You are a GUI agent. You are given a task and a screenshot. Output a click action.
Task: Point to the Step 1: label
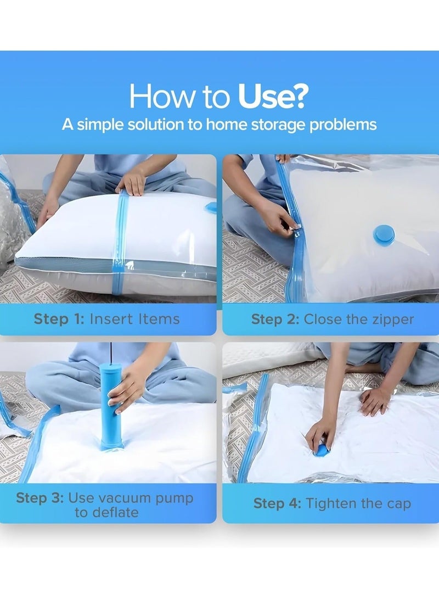59,318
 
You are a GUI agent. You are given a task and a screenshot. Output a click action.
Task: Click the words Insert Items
134,318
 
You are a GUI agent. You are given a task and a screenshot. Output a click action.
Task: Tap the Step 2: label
275,320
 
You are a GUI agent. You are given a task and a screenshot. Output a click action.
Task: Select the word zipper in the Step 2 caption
391,320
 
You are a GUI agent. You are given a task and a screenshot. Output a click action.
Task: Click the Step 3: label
40,498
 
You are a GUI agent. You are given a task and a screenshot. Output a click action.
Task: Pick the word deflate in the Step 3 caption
106,512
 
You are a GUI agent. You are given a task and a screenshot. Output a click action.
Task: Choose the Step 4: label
277,503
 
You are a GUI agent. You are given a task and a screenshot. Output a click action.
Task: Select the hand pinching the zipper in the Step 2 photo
282,220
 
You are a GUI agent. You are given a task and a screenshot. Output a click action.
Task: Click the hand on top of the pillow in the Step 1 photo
132,182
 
